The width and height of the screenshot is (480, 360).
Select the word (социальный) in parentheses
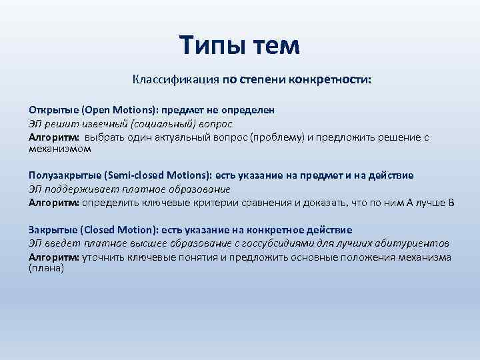[165, 123]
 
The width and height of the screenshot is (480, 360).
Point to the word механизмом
[59, 149]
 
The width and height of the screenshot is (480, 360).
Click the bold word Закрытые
[52, 230]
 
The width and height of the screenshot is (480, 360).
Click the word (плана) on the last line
[46, 268]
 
